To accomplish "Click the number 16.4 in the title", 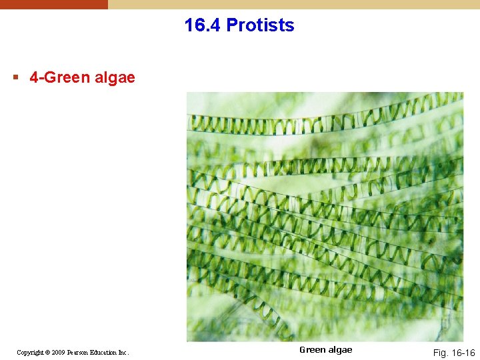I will coord(203,25).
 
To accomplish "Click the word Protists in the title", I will coord(260,25).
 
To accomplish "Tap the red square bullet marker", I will coord(15,77).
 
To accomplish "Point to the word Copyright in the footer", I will coord(31,352).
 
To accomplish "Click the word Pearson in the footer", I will coord(81,352).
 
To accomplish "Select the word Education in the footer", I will coord(106,352).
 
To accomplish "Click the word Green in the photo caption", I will coord(311,350).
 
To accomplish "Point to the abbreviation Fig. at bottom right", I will coord(441,352).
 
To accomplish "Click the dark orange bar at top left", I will coord(53,4).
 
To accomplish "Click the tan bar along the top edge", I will coord(293,4).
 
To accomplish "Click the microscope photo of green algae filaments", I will coord(325,217).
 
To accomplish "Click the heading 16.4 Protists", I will coord(239,25).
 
